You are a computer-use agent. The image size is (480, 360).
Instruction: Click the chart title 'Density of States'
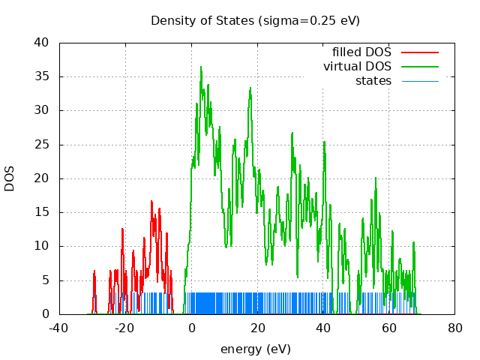(202, 20)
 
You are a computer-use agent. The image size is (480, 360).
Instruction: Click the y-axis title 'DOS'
(10, 178)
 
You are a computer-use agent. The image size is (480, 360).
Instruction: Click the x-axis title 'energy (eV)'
(255, 349)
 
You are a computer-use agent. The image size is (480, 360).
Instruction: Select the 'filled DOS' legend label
(361, 52)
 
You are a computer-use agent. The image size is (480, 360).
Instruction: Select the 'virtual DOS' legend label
(357, 67)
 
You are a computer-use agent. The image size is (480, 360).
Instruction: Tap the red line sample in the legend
(419, 52)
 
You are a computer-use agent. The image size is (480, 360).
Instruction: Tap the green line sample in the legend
(419, 67)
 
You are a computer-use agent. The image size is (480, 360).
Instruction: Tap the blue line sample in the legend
(419, 81)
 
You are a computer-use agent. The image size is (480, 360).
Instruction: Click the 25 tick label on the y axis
(43, 145)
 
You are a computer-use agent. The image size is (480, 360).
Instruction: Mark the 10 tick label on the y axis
(43, 246)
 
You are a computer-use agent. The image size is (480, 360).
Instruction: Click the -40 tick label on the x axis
(59, 328)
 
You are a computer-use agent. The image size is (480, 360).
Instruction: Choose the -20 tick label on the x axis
(125, 328)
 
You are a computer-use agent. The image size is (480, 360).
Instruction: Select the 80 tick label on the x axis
(454, 328)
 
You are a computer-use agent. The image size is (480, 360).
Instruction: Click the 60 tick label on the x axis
(388, 328)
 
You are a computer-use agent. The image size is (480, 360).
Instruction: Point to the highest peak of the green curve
(201, 67)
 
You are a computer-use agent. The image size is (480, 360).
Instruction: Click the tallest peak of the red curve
(151, 201)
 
